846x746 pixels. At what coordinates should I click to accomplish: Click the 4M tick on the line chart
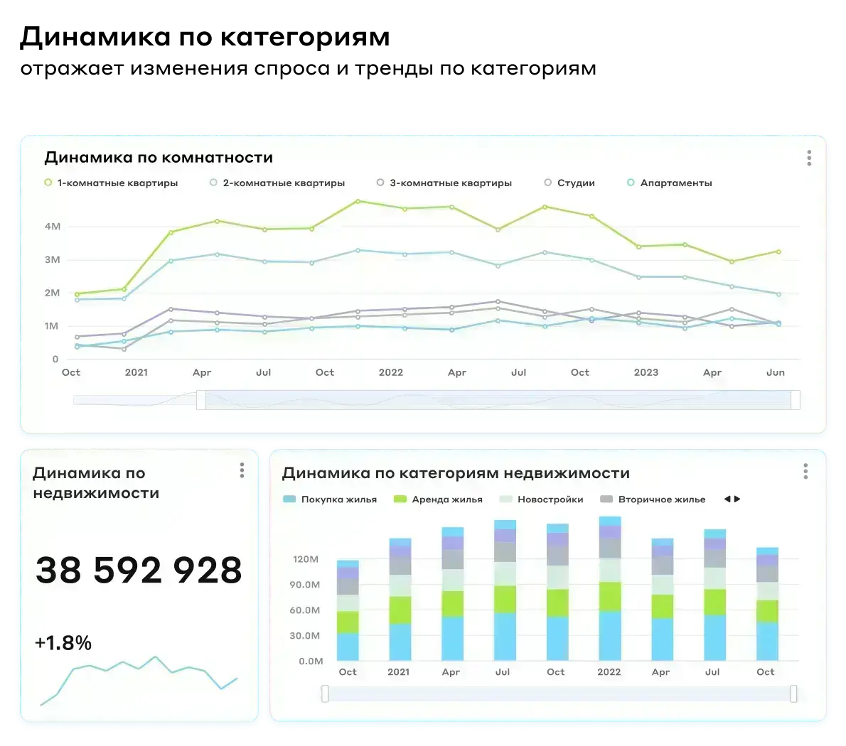point(53,227)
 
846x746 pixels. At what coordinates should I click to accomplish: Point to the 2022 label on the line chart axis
point(390,372)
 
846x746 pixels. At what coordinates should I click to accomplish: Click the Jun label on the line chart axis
point(776,372)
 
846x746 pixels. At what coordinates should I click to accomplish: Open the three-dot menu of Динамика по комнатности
point(809,158)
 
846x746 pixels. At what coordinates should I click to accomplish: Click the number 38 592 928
point(139,570)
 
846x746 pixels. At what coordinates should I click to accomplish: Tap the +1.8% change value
point(63,643)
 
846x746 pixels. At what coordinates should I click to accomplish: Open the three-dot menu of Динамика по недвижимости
point(242,470)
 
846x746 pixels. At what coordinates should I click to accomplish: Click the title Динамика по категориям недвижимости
point(456,473)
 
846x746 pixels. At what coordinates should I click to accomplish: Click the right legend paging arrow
point(737,499)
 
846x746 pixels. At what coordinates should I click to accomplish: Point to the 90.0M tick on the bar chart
point(306,585)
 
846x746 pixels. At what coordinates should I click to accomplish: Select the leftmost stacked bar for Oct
point(348,611)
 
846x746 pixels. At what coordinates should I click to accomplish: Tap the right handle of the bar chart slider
point(793,693)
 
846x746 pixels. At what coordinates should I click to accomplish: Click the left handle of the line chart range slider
point(201,400)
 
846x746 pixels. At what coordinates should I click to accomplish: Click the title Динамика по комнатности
point(159,158)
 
